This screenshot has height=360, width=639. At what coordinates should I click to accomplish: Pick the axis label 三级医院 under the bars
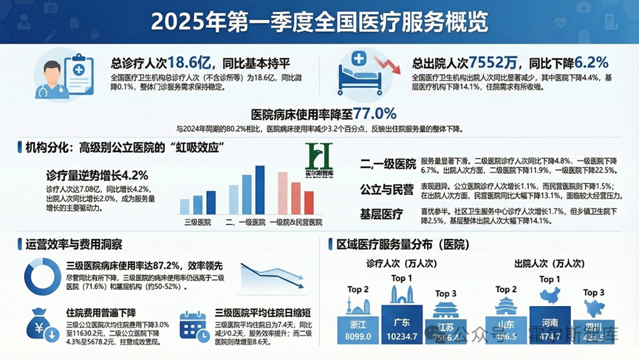point(197,222)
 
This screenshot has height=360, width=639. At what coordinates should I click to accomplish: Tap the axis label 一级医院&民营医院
point(295,222)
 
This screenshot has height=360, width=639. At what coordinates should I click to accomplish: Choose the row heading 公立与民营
point(386,189)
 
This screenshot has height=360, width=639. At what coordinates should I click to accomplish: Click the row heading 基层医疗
point(381,214)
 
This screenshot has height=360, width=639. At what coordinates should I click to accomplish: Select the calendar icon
point(193,326)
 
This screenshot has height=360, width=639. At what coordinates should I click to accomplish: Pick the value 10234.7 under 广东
point(402,337)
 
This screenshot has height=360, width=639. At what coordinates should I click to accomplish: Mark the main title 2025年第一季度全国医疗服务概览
point(319,21)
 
